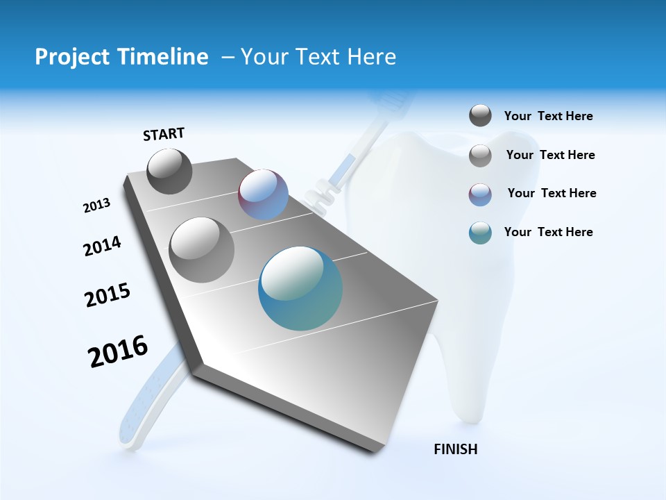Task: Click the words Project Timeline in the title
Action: tap(121, 57)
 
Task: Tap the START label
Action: tap(164, 134)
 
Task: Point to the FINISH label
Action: tap(456, 449)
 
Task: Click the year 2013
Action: tap(97, 206)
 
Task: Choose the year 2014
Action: tap(103, 247)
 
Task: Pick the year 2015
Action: tap(108, 295)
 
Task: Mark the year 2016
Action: tap(118, 351)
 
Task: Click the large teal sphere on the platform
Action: tap(300, 288)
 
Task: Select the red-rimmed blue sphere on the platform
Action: tap(263, 194)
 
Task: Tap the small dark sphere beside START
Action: tap(169, 171)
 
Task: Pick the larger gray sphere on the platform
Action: tap(202, 249)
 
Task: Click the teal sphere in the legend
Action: tap(480, 233)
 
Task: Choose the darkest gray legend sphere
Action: tap(480, 116)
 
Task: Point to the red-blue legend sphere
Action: tap(480, 194)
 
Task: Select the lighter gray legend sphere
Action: tap(480, 156)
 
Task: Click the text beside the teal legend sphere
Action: tap(549, 232)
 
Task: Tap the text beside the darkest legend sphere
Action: tap(549, 117)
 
